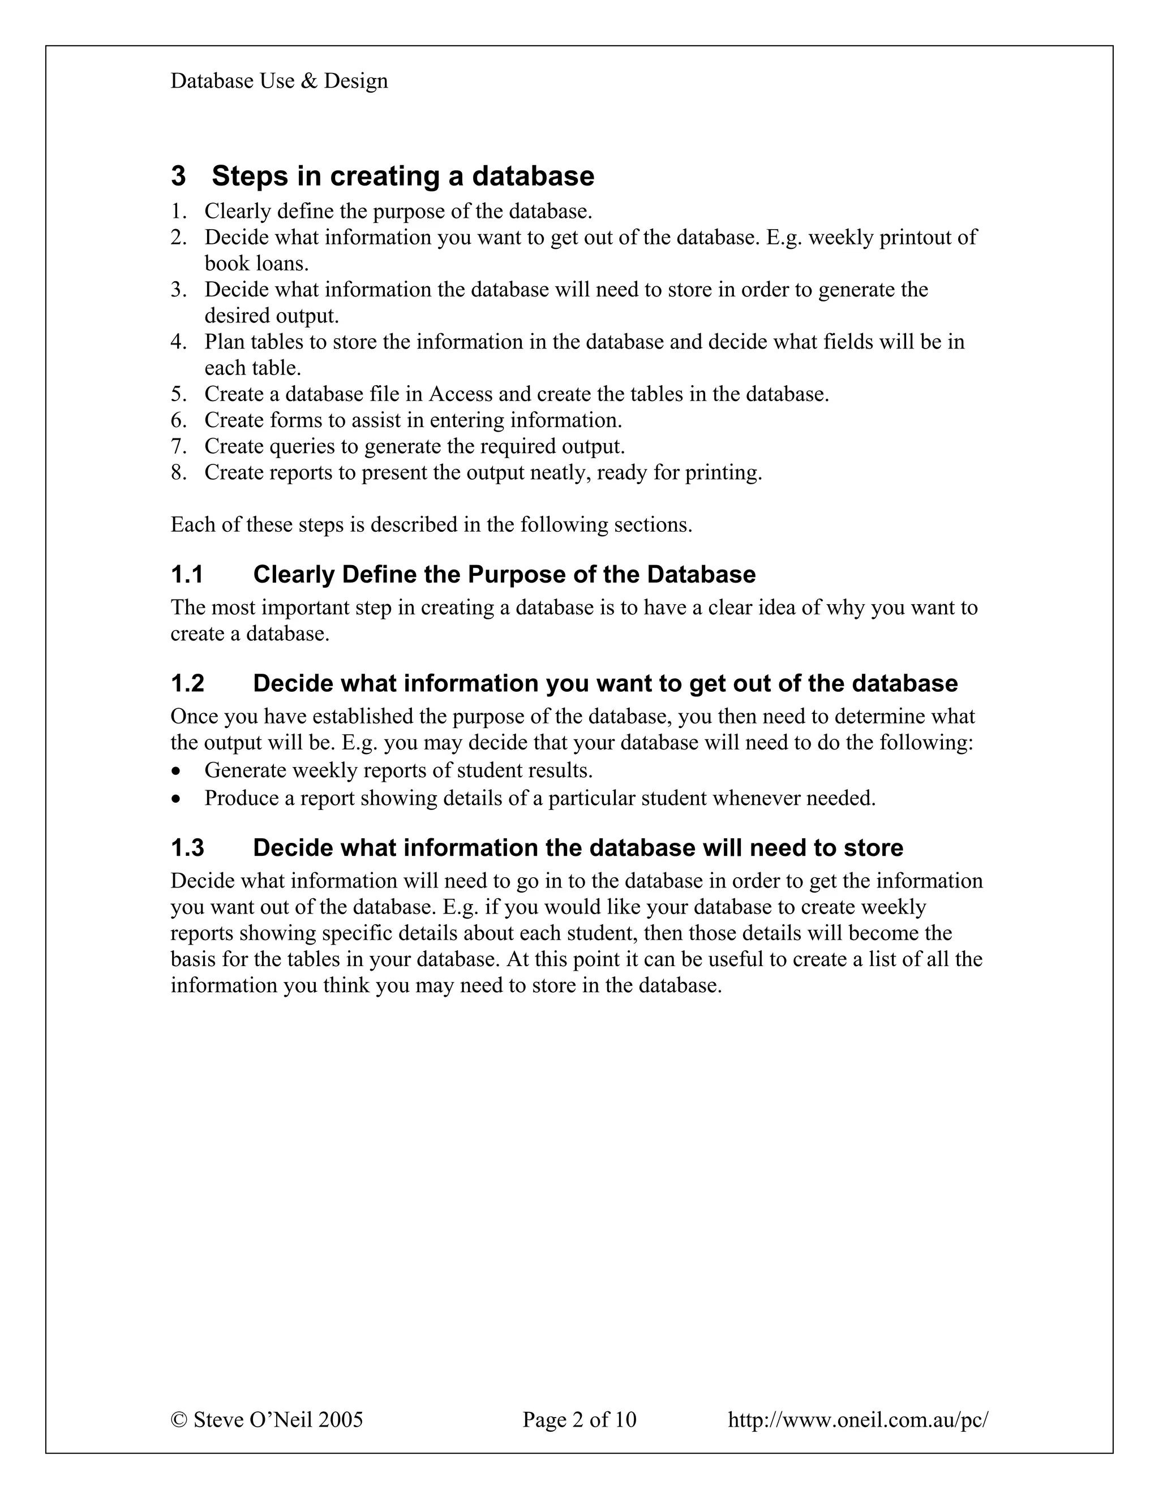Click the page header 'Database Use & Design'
pos(279,81)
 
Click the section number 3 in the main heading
pos(178,176)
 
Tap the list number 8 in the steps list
pos(178,473)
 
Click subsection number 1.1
pos(187,575)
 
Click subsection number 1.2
pos(187,684)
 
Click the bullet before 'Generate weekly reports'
pos(177,772)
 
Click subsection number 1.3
pos(187,848)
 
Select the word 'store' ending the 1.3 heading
pos(873,848)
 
